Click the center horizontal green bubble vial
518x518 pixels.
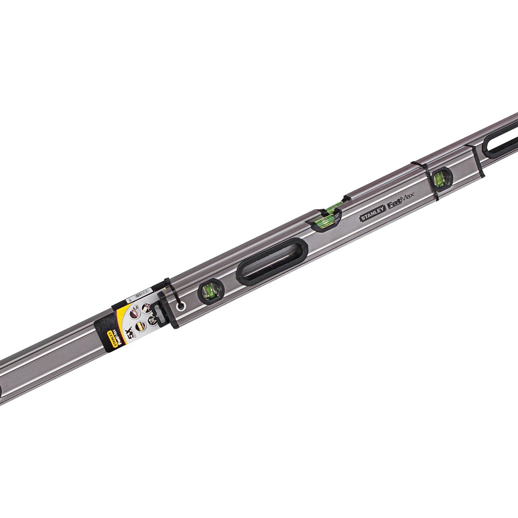point(327,215)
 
